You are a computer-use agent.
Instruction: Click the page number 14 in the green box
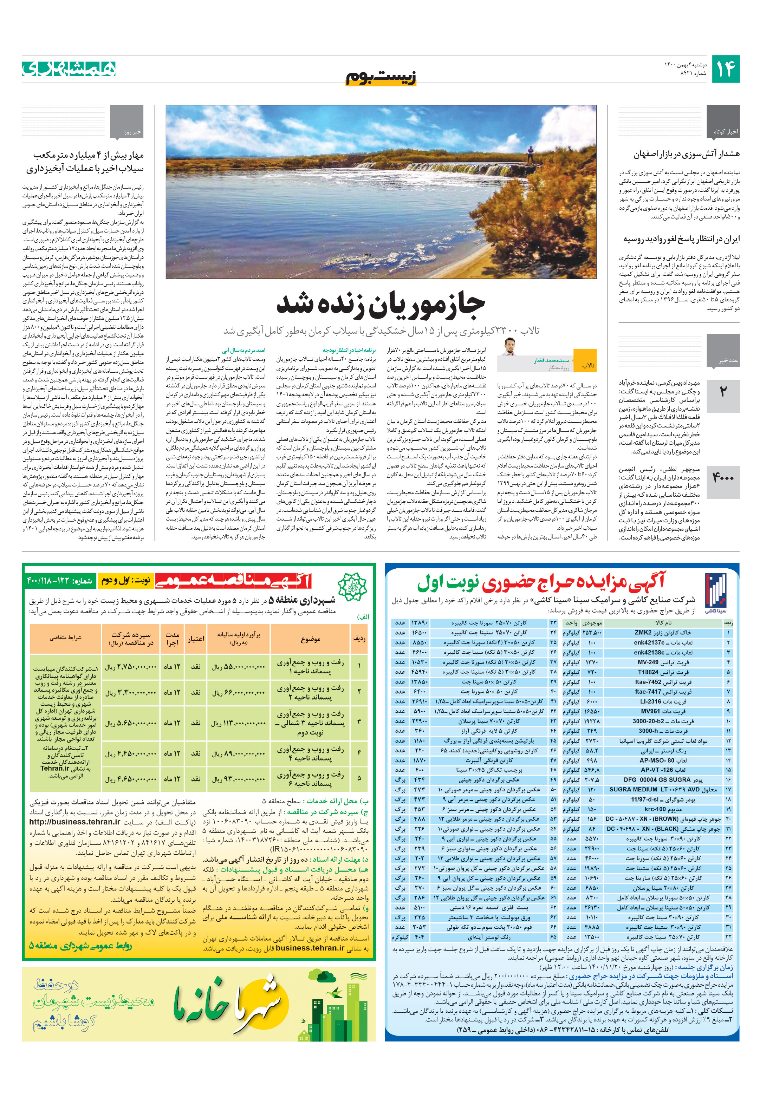[x=725, y=69]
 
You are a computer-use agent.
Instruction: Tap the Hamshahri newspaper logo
[x=69, y=69]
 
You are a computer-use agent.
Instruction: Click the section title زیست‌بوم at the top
[x=381, y=77]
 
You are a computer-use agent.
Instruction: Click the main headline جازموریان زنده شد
[x=381, y=305]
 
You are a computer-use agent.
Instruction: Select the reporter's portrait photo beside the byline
[x=509, y=347]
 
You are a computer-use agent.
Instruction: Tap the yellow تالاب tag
[x=588, y=365]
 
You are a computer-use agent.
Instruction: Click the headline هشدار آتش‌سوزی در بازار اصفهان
[x=687, y=154]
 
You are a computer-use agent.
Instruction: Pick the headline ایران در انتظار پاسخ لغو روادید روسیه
[x=682, y=239]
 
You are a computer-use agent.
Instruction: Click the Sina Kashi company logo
[x=715, y=592]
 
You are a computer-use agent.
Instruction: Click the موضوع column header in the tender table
[x=310, y=639]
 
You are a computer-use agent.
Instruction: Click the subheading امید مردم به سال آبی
[x=243, y=351]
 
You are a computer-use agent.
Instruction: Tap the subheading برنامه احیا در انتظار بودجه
[x=349, y=351]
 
